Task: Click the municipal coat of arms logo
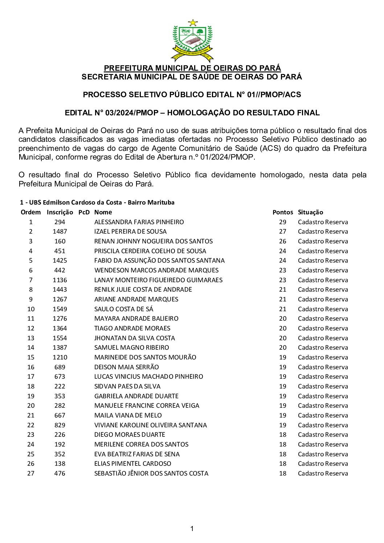click(192, 41)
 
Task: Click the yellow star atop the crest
click(193, 22)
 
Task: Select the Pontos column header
click(282, 212)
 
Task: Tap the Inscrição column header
click(60, 212)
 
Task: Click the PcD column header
click(84, 212)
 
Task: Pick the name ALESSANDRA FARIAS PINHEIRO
click(139, 222)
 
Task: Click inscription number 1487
click(60, 231)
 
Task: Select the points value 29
click(282, 222)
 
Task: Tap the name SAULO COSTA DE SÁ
click(124, 309)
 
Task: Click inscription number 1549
click(60, 309)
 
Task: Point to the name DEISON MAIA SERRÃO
click(127, 367)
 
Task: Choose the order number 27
click(31, 473)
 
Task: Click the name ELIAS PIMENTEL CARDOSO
click(133, 464)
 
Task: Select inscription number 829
click(60, 425)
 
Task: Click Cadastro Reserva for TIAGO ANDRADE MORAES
click(323, 328)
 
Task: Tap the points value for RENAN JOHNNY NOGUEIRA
click(282, 241)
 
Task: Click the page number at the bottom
click(192, 528)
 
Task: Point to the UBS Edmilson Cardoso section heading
click(97, 202)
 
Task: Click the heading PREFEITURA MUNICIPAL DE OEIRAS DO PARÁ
click(192, 68)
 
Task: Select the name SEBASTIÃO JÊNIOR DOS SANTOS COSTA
click(151, 473)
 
